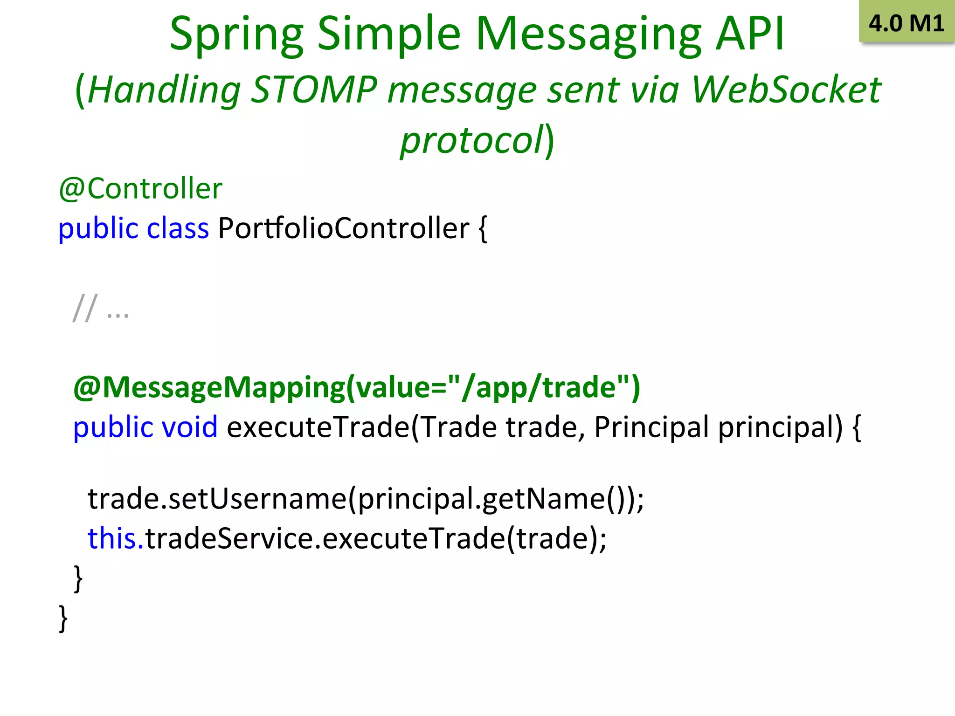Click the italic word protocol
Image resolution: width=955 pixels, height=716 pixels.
pyautogui.click(x=471, y=140)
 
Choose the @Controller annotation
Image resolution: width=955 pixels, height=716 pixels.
pyautogui.click(x=140, y=189)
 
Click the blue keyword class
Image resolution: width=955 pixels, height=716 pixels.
pyautogui.click(x=178, y=228)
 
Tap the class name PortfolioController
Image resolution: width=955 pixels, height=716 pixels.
pyautogui.click(x=343, y=228)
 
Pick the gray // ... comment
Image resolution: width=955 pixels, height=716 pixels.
pyautogui.click(x=101, y=309)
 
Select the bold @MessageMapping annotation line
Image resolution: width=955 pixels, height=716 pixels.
pyautogui.click(x=357, y=387)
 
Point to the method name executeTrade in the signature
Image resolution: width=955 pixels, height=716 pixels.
pyautogui.click(x=318, y=427)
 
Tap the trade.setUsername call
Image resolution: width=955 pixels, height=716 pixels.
pyautogui.click(x=217, y=499)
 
